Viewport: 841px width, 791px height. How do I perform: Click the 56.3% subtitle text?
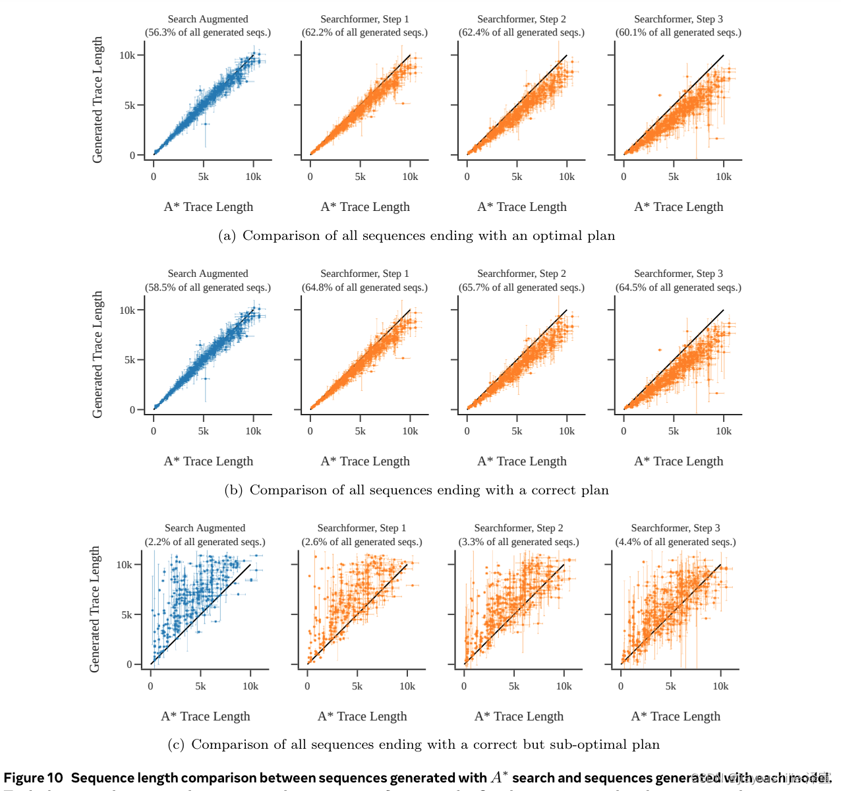(208, 32)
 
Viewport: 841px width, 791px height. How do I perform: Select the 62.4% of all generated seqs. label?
(521, 32)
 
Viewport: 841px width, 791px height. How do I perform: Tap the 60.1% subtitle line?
(678, 32)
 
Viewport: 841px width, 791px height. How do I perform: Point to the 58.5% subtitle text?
(208, 287)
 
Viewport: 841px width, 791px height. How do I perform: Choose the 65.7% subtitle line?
(521, 287)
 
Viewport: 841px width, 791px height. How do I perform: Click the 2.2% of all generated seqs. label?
(205, 542)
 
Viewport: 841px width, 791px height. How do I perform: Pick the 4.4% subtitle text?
(676, 542)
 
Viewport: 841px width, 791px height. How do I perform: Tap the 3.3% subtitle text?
(519, 542)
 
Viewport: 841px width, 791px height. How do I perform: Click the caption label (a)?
(227, 236)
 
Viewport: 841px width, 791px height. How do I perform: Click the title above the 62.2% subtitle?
(364, 19)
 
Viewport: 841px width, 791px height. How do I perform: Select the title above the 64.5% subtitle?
(678, 274)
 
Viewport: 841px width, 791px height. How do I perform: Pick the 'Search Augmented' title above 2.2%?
(205, 528)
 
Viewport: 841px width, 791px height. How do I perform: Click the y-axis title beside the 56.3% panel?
(98, 100)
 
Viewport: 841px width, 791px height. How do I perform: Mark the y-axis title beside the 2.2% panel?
(95, 609)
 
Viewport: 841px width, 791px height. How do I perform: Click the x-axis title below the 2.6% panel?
(362, 717)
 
